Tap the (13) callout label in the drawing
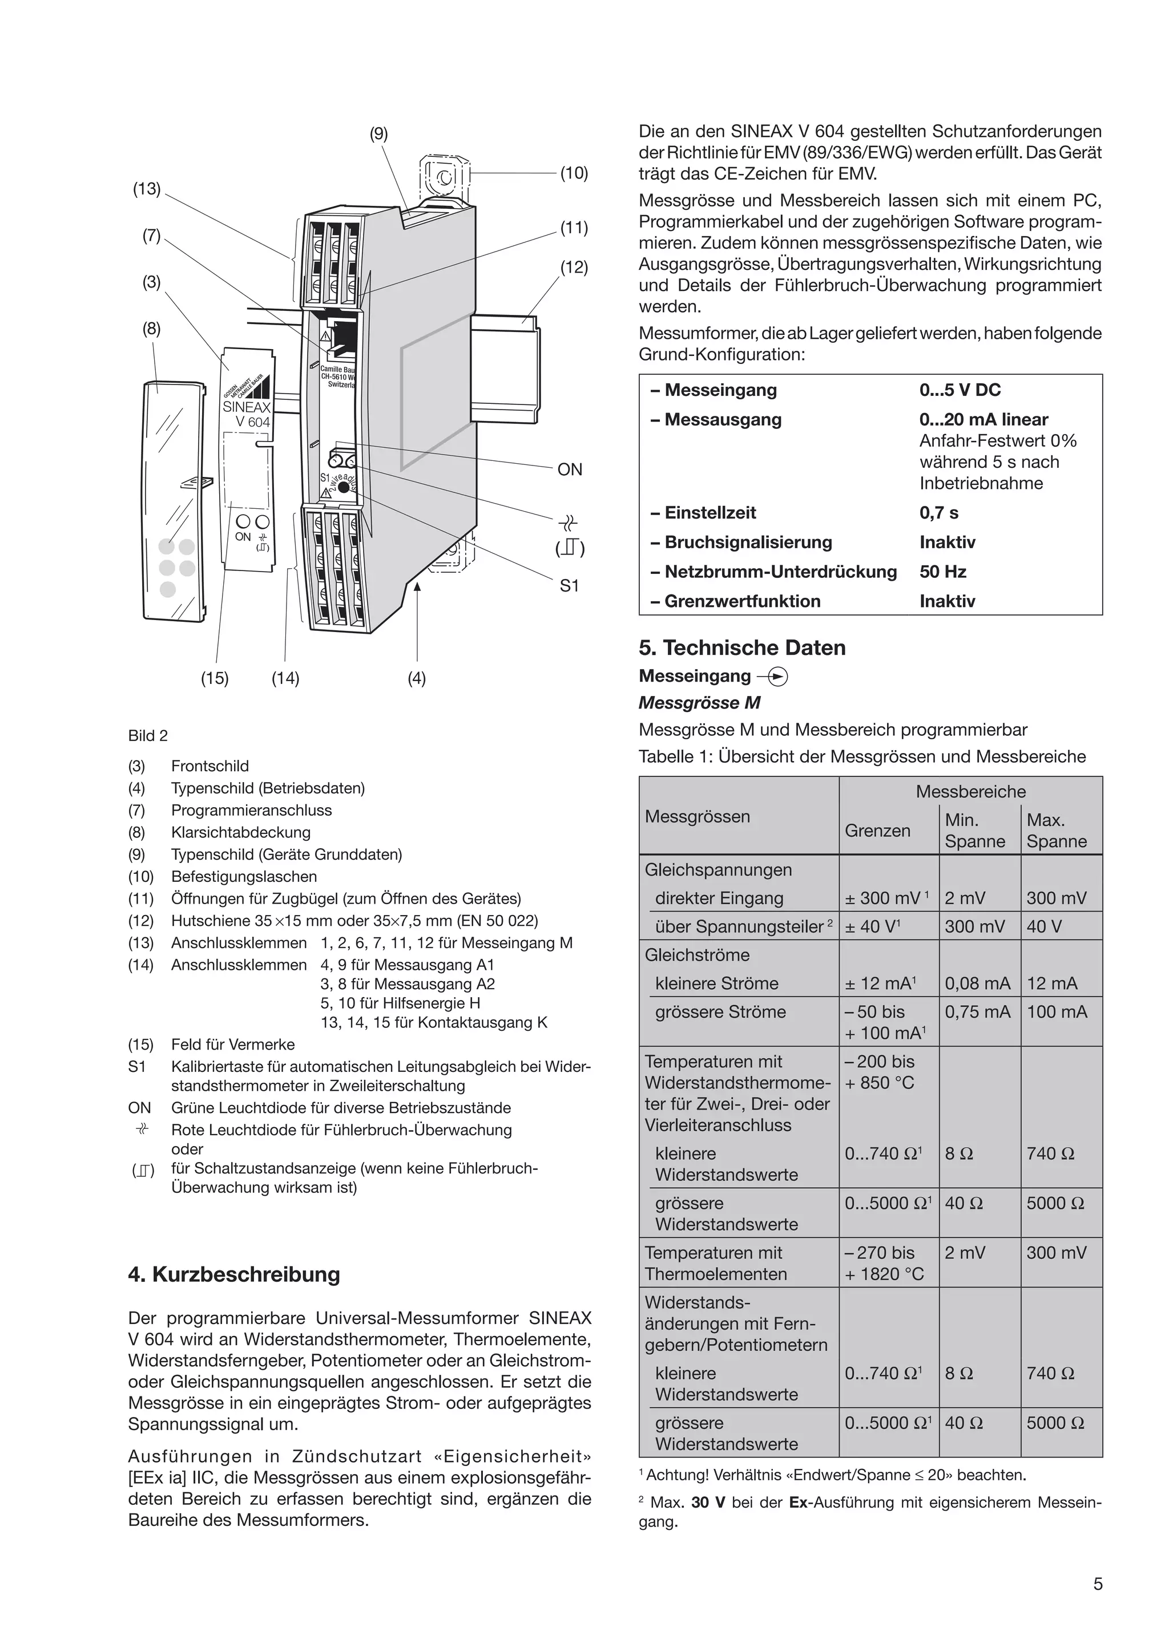coord(147,188)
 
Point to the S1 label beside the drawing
coord(570,586)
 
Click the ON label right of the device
coord(570,470)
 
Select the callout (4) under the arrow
coord(417,678)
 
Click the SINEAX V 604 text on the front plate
coord(247,414)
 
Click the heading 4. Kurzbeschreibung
coord(234,1274)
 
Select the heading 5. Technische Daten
coord(742,647)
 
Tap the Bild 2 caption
coord(148,735)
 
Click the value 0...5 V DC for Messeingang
coord(960,390)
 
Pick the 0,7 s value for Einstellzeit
coord(938,513)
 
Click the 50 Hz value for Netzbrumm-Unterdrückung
coord(943,572)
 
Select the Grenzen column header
coord(877,831)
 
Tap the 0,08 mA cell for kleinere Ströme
coord(977,983)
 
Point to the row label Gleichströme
coord(697,955)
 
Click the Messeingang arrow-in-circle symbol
coord(779,677)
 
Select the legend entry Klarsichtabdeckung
coord(240,832)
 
